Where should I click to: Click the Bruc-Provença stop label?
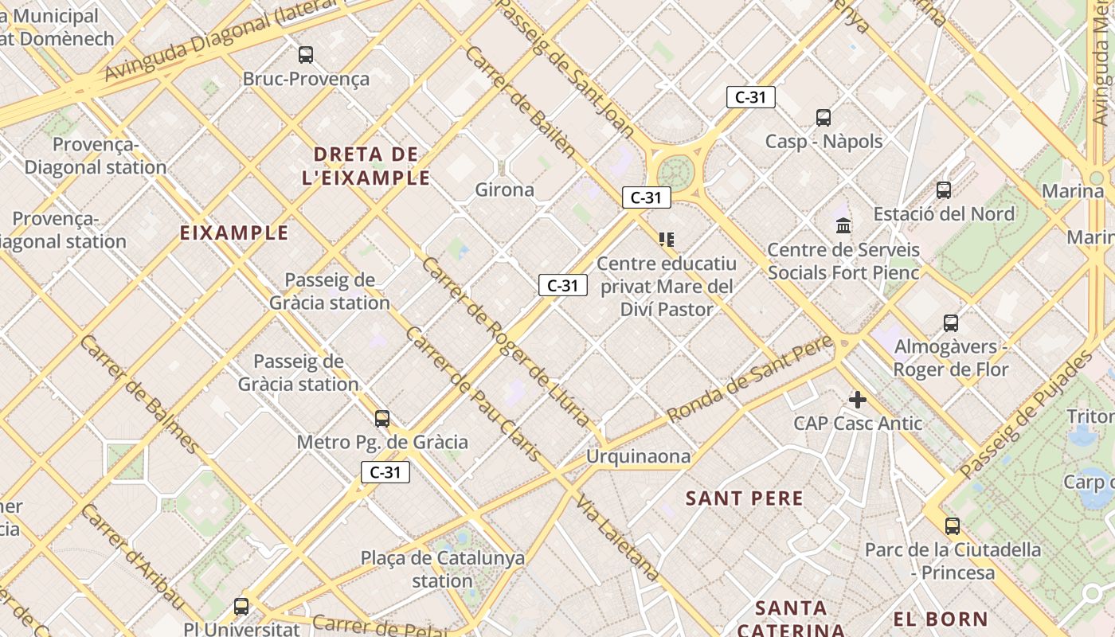pos(306,79)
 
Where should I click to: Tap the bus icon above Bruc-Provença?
pos(306,55)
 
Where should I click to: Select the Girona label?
pos(504,190)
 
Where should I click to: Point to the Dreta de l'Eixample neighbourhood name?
pos(366,166)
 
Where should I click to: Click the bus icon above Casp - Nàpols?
pos(824,118)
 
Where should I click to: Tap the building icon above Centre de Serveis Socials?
pos(843,225)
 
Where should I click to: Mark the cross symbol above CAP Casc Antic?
pos(857,399)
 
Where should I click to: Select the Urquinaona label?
pos(638,456)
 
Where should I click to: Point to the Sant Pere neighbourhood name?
pos(745,499)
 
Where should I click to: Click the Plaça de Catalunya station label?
pos(443,569)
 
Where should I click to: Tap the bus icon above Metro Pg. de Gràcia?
pos(382,418)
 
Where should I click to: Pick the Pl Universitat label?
pos(241,628)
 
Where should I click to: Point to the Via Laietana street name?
pos(617,538)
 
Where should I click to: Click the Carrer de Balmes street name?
pos(139,394)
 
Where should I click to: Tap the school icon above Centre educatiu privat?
pos(666,239)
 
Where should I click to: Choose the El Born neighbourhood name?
pos(940,619)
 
